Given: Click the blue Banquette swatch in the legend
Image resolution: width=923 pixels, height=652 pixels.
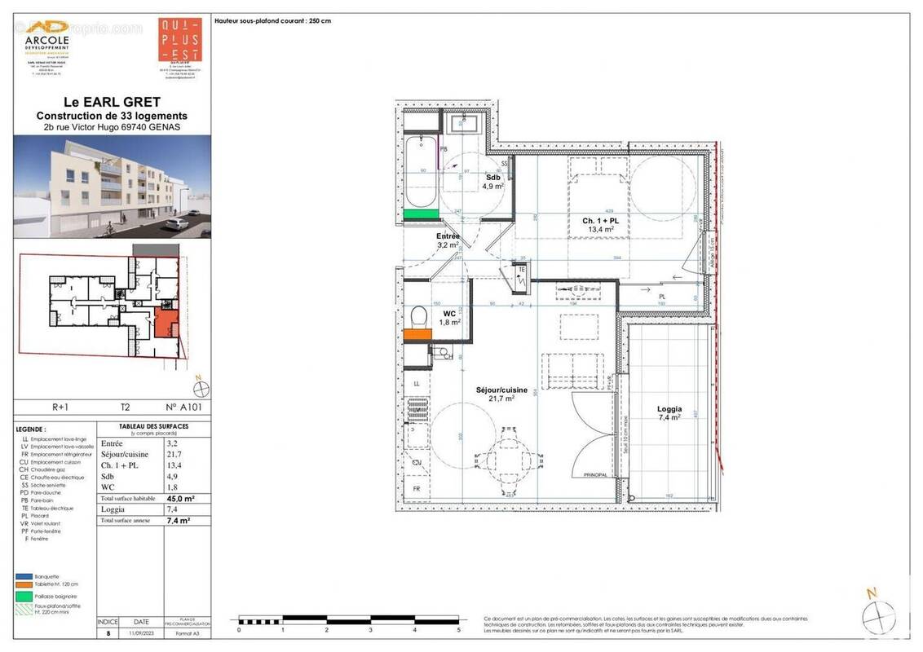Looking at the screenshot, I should point(23,575).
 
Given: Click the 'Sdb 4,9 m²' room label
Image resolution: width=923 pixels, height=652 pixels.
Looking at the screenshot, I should point(492,182).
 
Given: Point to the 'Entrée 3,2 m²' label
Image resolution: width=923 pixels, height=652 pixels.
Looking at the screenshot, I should point(448,240).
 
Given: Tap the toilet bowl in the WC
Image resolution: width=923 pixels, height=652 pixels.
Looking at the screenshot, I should point(418,315).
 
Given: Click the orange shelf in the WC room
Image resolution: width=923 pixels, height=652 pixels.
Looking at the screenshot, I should point(416,333).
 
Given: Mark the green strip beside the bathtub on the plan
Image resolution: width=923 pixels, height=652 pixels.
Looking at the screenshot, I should point(421,214).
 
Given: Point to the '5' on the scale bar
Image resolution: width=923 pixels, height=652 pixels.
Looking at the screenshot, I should point(459,630).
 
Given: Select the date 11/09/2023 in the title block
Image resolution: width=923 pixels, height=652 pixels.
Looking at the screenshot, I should point(140,632).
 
